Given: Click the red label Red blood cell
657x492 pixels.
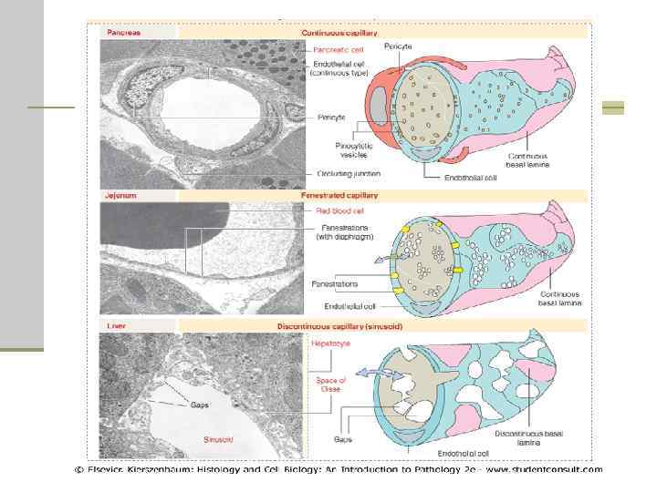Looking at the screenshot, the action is tap(333, 210).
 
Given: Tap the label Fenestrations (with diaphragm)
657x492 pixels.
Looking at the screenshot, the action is tap(340, 232).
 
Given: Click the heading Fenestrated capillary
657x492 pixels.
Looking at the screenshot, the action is tap(339, 194).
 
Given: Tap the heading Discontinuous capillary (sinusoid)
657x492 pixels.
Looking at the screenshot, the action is tap(351, 326).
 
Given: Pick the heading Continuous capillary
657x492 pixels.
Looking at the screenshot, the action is tap(339, 32).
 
